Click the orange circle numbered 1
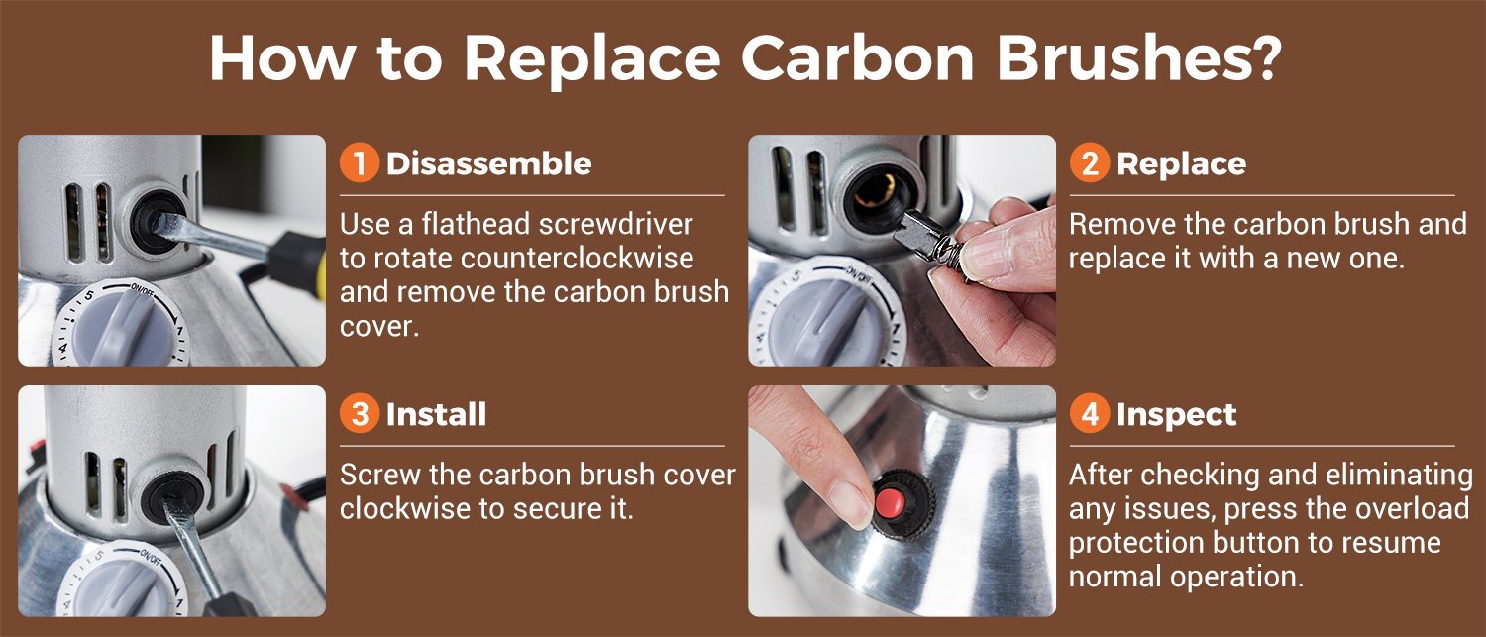360,162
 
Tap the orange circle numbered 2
1090,162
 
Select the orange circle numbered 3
360,413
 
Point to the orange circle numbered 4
1090,413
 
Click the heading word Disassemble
488,163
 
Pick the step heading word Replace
1181,164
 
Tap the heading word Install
436,414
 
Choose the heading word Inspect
1176,415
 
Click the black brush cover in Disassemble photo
157,220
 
